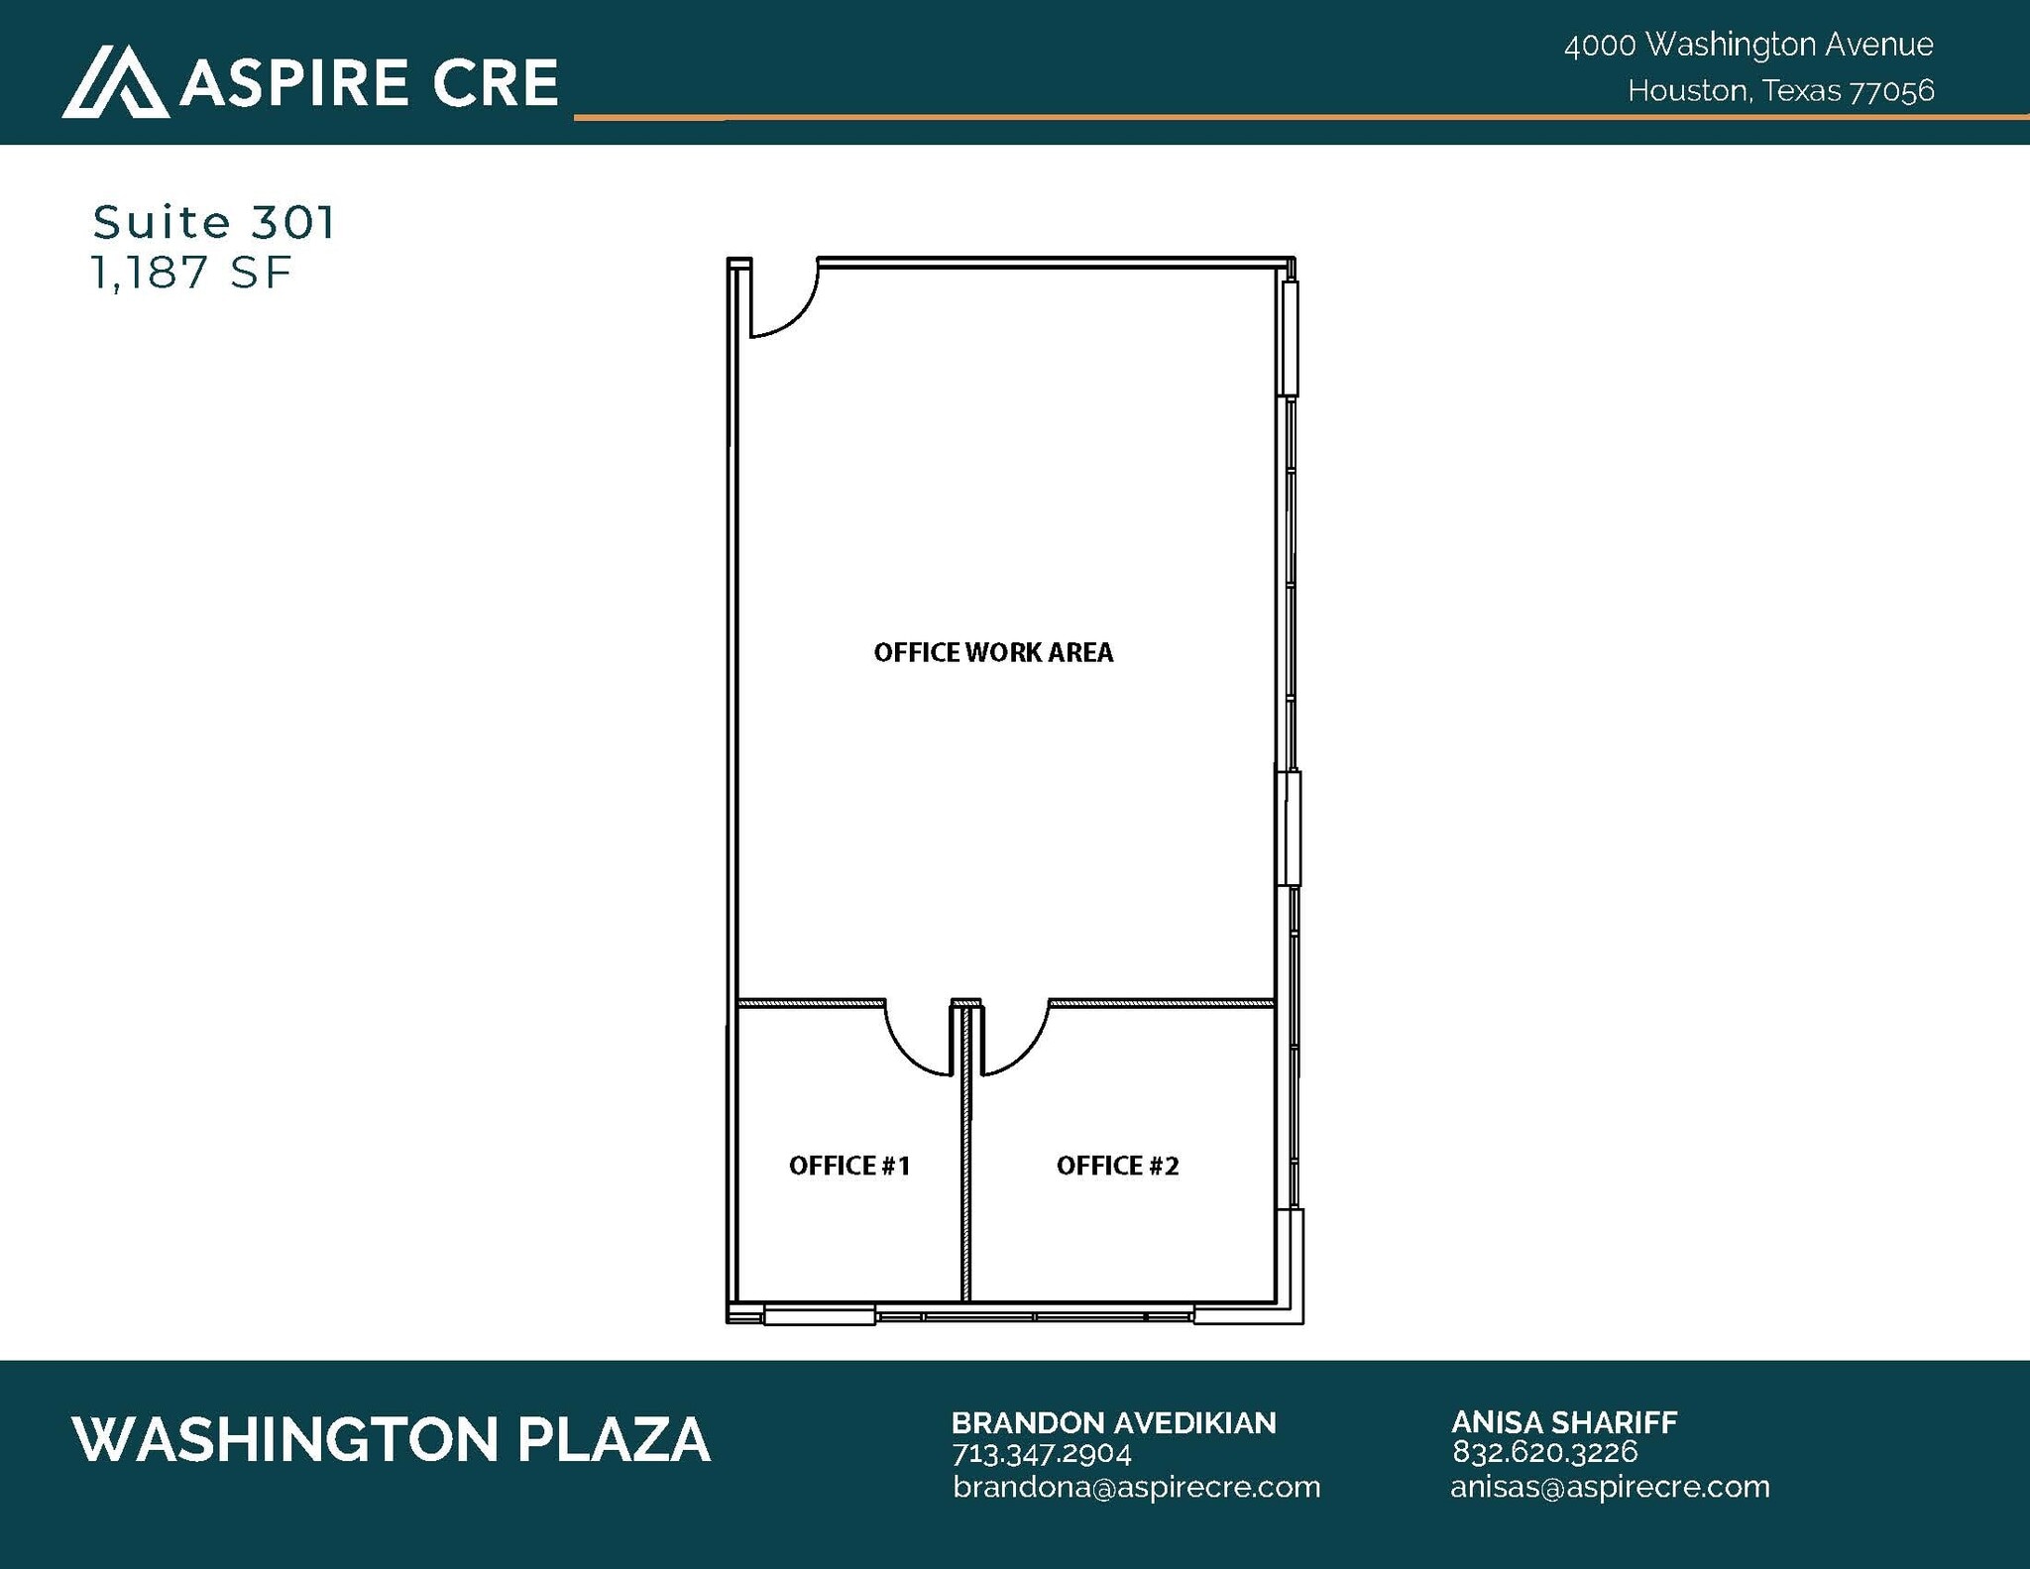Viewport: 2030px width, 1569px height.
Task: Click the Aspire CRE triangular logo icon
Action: click(114, 81)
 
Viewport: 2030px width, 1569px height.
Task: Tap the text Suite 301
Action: click(214, 222)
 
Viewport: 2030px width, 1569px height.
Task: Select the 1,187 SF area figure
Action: click(191, 273)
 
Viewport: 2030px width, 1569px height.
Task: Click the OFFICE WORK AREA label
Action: click(993, 652)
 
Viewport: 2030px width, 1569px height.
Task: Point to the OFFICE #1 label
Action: click(849, 1165)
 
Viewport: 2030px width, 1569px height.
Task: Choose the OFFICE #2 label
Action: click(1117, 1165)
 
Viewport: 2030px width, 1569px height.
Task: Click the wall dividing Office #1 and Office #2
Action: click(965, 1189)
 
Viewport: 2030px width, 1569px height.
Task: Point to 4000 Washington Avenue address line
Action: click(1748, 45)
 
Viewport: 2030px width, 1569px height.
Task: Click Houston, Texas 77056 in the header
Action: click(1780, 91)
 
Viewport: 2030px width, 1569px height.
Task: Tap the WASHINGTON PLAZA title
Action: click(392, 1439)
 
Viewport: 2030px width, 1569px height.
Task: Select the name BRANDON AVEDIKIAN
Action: click(1113, 1422)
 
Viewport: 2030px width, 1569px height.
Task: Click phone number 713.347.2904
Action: click(1041, 1453)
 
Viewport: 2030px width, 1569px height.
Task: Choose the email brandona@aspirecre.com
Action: click(1136, 1487)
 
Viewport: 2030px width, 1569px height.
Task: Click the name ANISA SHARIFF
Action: click(1563, 1422)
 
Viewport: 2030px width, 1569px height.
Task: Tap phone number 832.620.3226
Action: click(1544, 1452)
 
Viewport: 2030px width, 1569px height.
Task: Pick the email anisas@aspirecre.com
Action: click(1609, 1487)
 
